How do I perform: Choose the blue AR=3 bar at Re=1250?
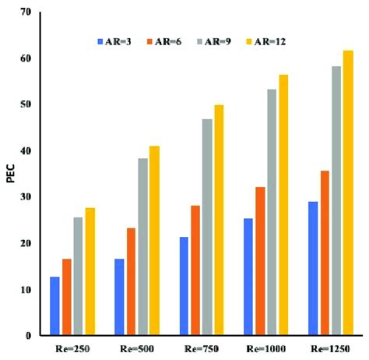tap(312, 269)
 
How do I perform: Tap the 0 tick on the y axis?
tap(28, 336)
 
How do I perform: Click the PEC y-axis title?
tap(10, 174)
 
